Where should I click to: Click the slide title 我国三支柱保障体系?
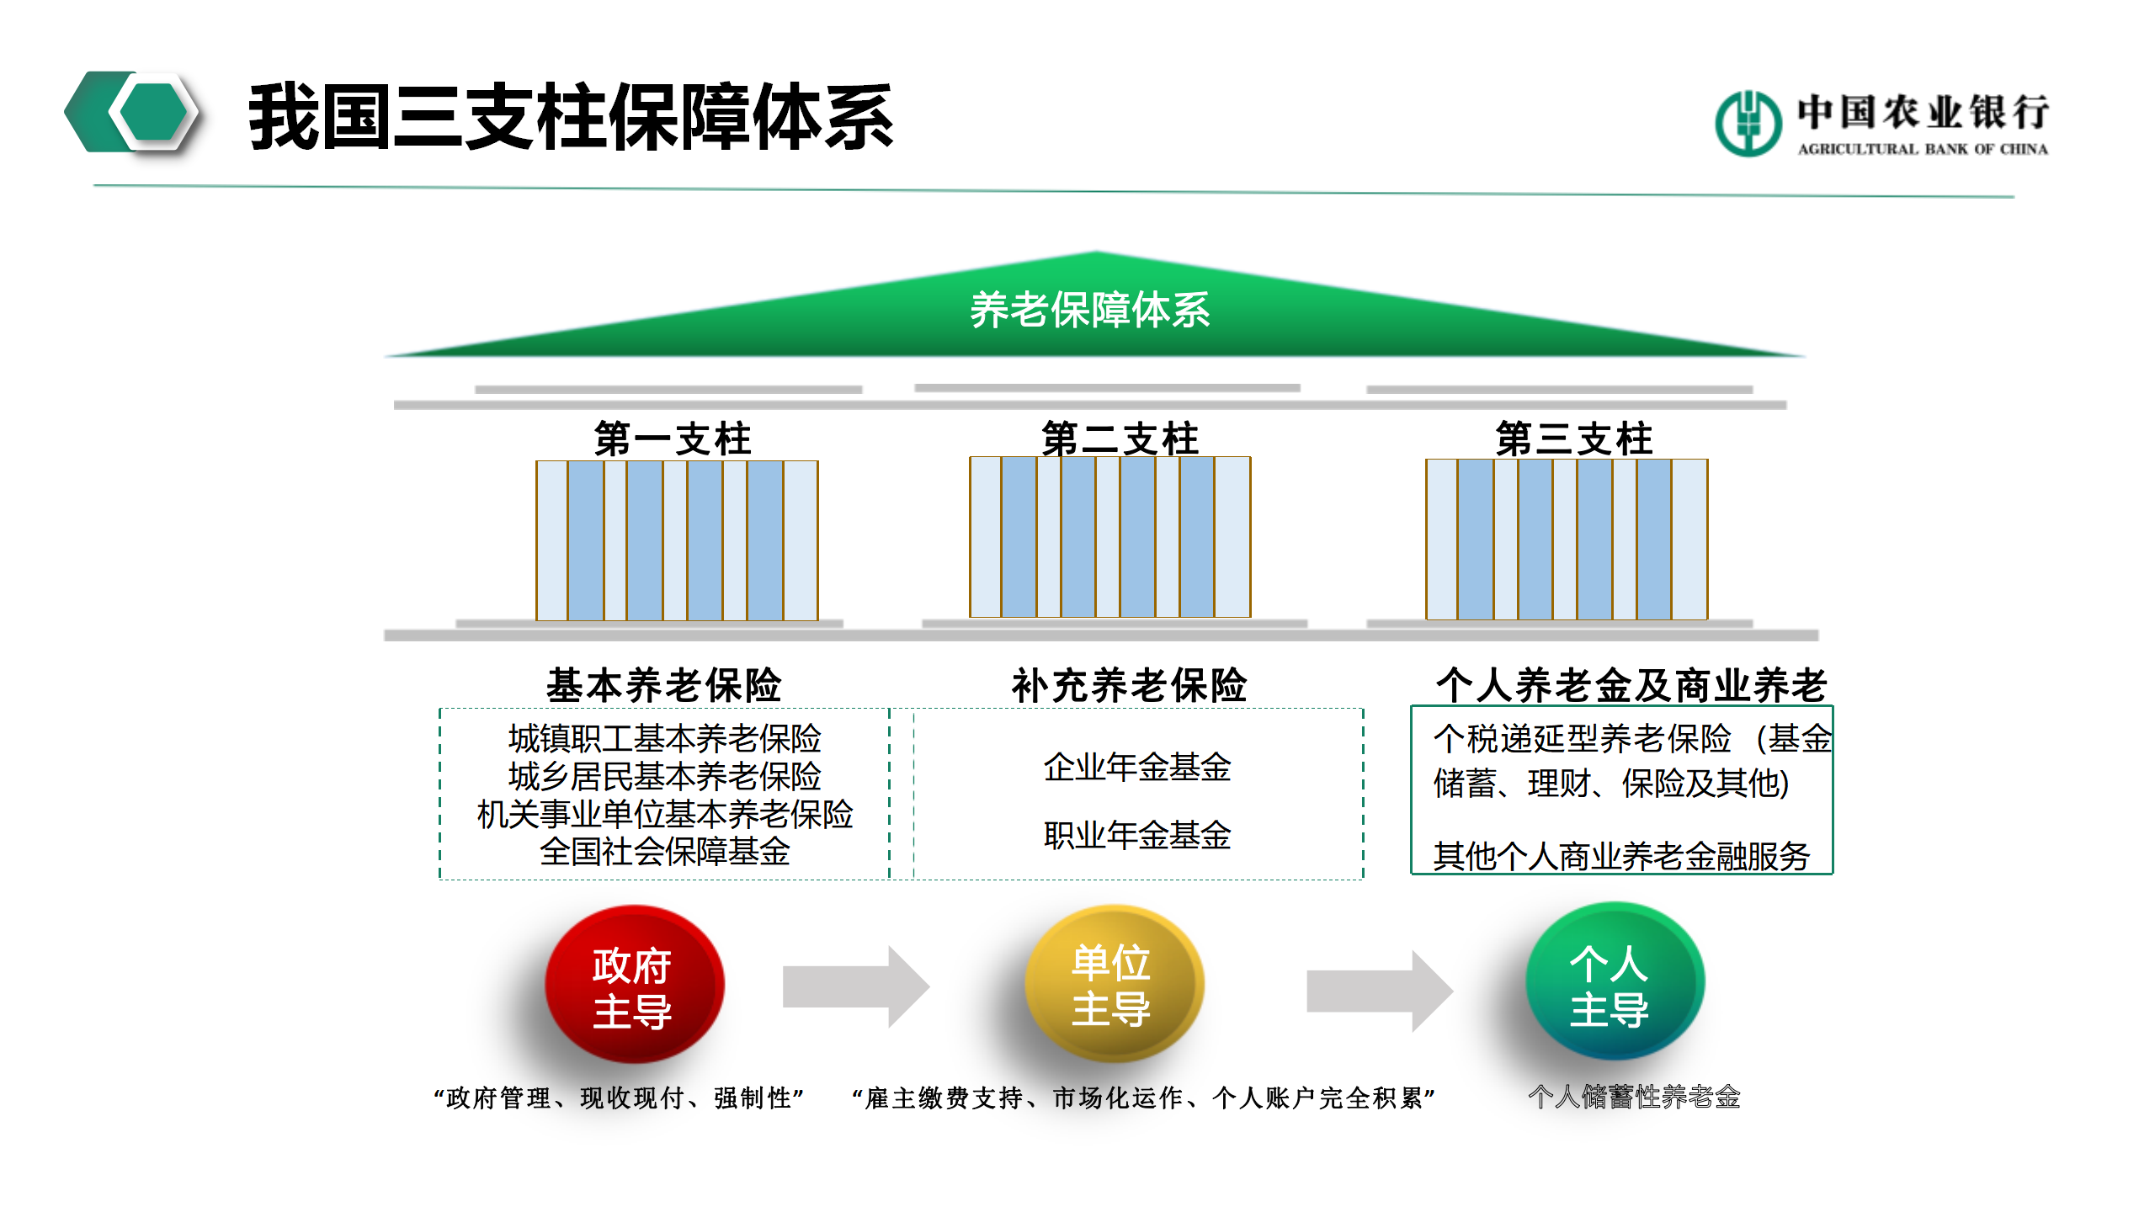pos(571,118)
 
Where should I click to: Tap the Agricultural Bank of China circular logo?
pos(1748,124)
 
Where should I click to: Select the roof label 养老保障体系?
pos(1090,311)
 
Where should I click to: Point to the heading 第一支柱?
pos(673,439)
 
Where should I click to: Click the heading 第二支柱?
pos(1120,439)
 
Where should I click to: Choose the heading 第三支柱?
pos(1574,439)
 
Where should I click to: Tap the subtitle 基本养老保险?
pos(664,685)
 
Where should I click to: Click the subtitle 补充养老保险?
pos(1129,685)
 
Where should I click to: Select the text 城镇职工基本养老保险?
pos(664,739)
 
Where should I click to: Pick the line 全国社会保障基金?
pos(664,852)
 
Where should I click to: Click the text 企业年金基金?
pos(1137,767)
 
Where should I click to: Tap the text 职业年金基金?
pos(1137,835)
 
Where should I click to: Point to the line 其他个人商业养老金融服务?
pos(1621,856)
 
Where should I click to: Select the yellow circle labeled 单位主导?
pos(1113,983)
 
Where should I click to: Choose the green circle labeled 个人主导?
pos(1613,981)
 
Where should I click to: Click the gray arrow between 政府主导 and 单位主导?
pos(854,986)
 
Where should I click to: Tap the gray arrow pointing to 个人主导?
pos(1378,991)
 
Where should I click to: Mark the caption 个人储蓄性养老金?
pos(1634,1097)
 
